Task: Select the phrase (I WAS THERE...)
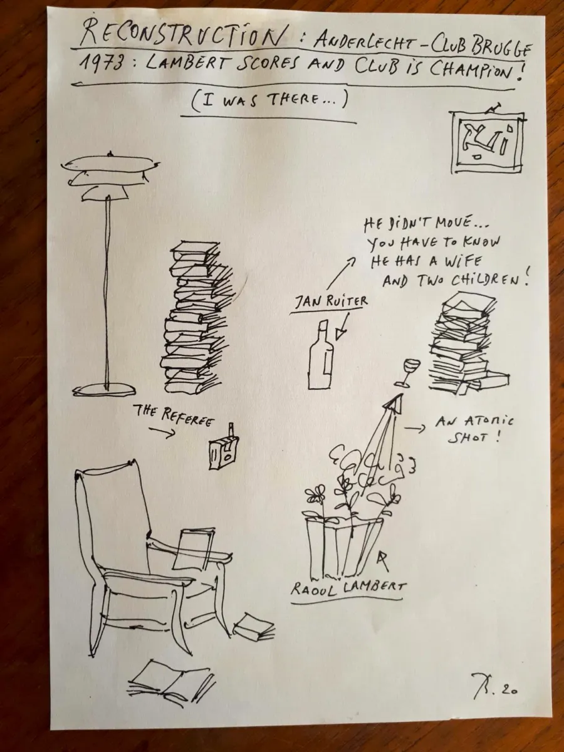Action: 269,102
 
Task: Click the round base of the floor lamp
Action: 104,390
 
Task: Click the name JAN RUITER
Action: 331,302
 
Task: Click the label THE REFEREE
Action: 174,415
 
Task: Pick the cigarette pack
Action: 223,448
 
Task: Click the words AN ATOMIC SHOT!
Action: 474,429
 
